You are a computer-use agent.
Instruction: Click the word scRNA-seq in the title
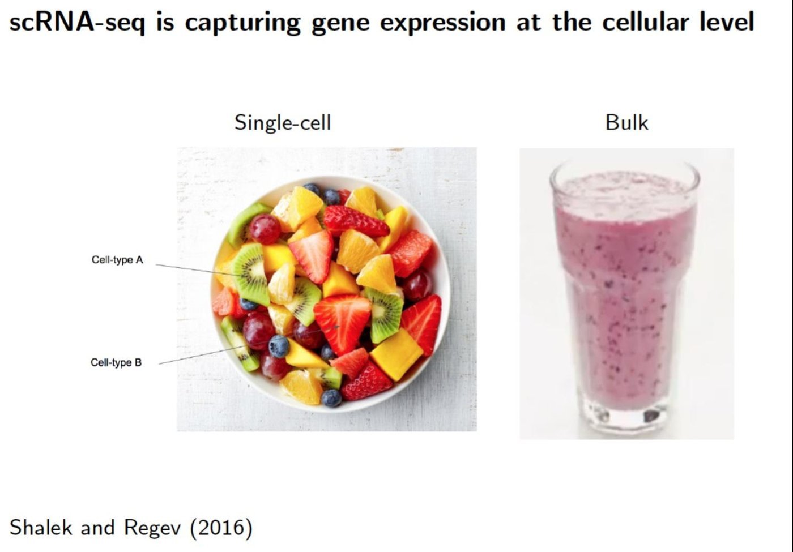tap(77, 23)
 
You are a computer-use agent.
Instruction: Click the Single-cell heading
tap(283, 122)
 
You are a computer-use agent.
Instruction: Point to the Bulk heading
tap(626, 122)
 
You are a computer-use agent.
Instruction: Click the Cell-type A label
tap(117, 260)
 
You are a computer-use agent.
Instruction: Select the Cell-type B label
tap(116, 362)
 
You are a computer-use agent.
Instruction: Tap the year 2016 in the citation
tap(221, 527)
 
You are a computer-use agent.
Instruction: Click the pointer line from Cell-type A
tap(199, 270)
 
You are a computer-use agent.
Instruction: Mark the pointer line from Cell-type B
tap(249, 345)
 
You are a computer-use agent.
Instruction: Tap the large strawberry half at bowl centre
tap(343, 323)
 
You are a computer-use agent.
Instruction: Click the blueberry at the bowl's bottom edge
tap(331, 397)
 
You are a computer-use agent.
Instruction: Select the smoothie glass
tap(624, 297)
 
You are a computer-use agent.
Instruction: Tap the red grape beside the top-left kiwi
tap(265, 229)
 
